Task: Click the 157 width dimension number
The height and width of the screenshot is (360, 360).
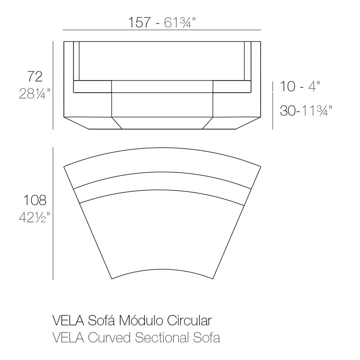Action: [139, 22]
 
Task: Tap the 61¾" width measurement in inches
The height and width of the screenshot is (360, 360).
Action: [179, 22]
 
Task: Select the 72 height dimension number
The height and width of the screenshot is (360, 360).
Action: [35, 76]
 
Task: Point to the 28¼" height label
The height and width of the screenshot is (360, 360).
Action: [35, 94]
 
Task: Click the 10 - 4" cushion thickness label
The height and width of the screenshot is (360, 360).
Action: [300, 86]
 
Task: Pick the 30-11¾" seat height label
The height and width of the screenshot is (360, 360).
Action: [306, 110]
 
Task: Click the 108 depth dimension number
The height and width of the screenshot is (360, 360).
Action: [35, 200]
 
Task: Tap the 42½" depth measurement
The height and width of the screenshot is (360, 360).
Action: [35, 217]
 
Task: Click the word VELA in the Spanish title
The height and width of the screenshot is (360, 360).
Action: [68, 320]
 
